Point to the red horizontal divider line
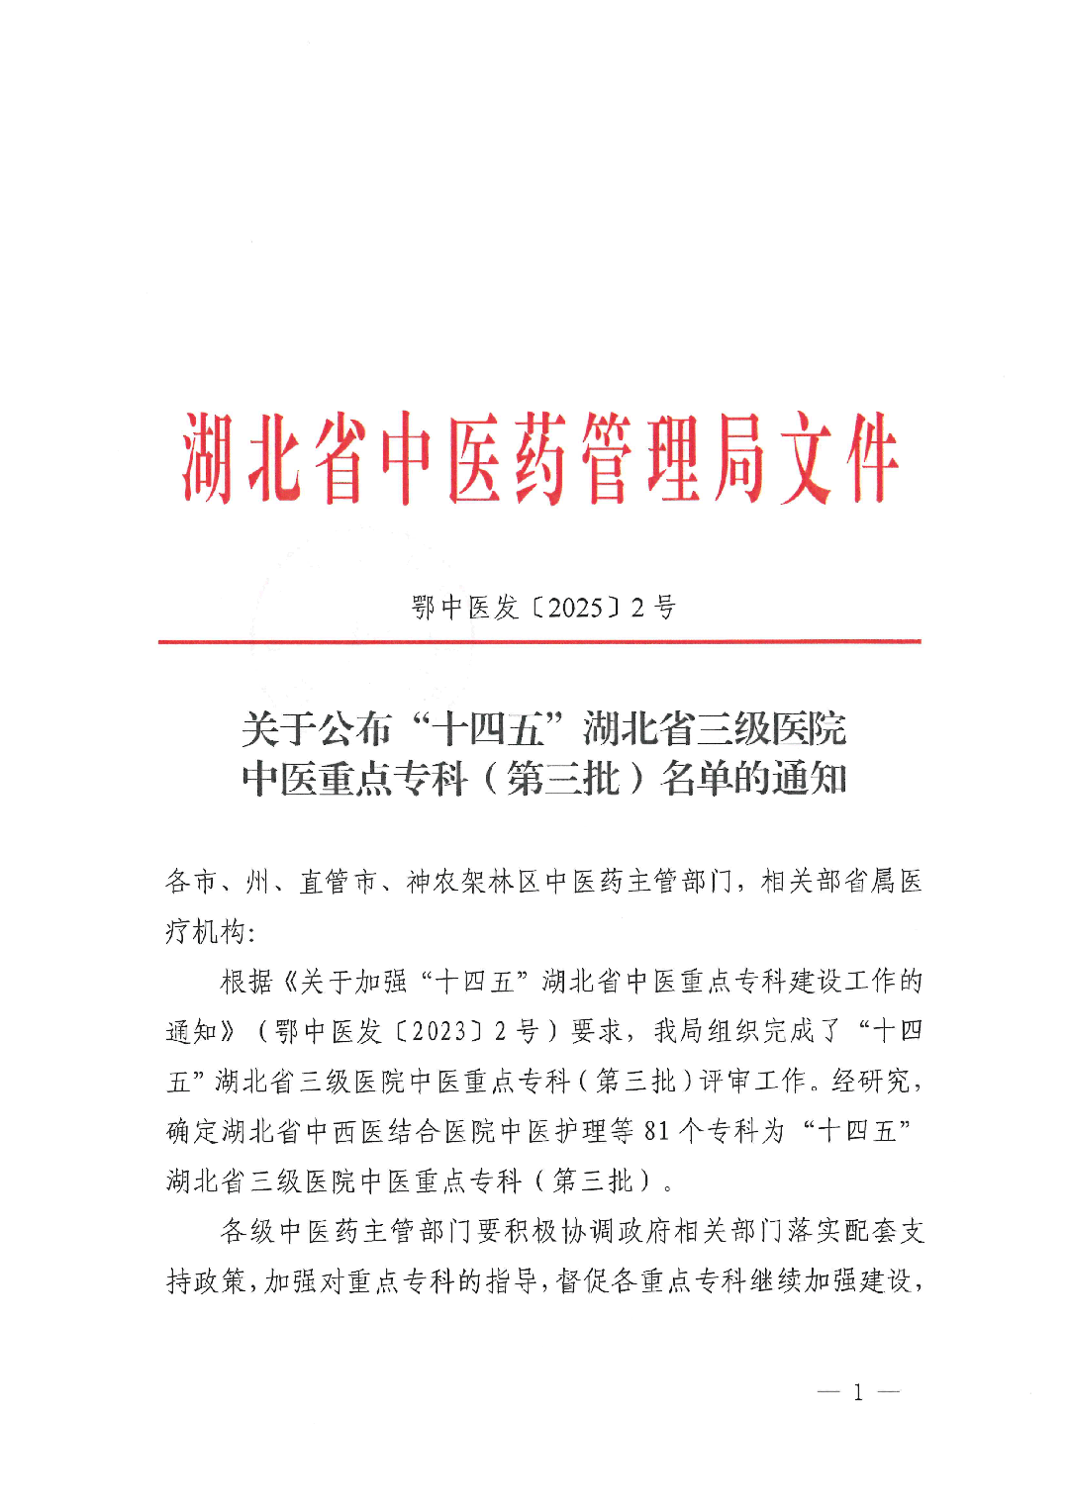(539, 642)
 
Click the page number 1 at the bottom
(858, 1393)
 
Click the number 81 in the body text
(657, 1131)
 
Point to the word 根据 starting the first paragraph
(246, 982)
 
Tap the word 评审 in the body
(727, 1082)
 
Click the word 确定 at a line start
(192, 1131)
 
